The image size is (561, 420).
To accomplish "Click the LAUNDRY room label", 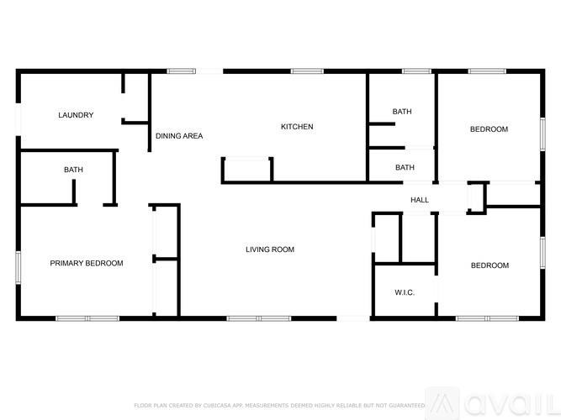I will click(76, 115).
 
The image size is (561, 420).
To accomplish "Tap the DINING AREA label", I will click(179, 135).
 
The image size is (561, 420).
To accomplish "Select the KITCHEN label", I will click(297, 127).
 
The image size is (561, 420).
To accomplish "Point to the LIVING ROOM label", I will click(270, 249).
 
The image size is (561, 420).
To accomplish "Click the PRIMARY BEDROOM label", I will click(87, 263).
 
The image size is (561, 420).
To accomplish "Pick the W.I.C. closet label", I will click(405, 292).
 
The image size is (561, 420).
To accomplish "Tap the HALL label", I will click(420, 200).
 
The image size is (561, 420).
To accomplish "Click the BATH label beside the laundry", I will click(73, 170).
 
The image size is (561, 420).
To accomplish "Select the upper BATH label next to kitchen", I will click(402, 111).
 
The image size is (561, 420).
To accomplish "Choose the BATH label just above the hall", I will click(405, 167).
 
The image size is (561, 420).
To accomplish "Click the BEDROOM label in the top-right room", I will click(489, 129).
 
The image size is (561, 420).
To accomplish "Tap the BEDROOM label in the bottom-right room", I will click(490, 265).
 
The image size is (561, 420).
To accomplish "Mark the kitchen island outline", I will click(247, 169).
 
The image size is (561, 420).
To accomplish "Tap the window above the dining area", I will click(182, 71).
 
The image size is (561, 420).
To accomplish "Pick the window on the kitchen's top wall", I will click(308, 71).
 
